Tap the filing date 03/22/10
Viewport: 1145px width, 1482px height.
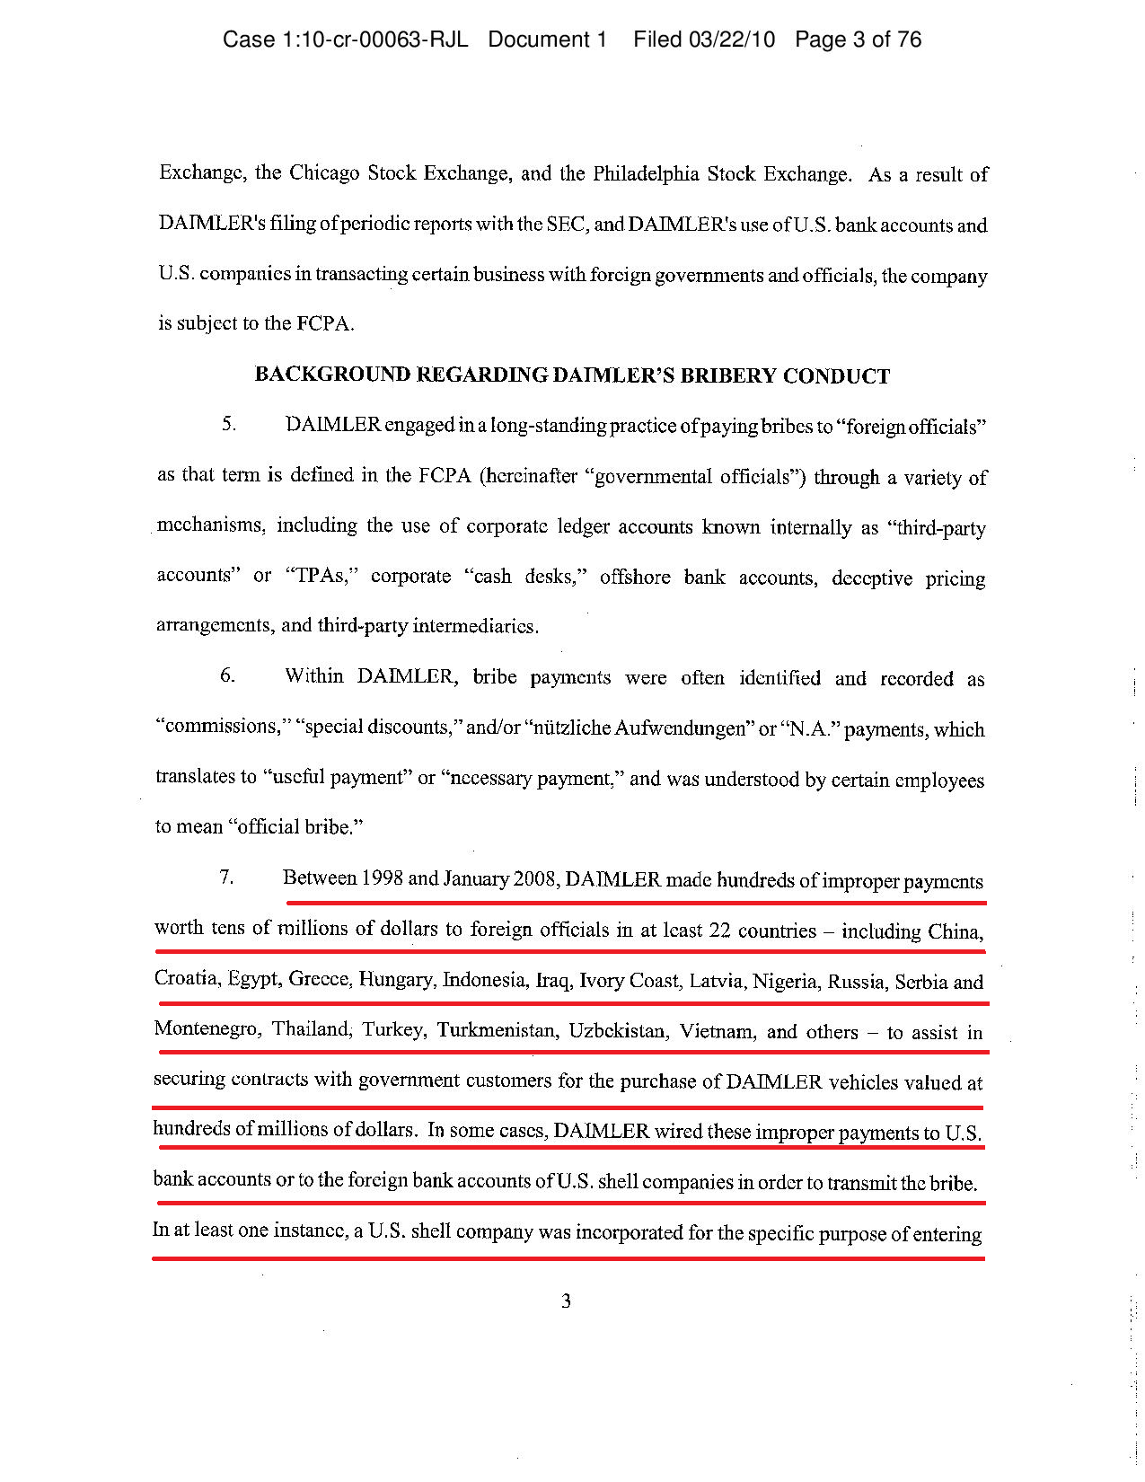click(731, 40)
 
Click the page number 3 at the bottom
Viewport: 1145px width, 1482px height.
click(566, 1301)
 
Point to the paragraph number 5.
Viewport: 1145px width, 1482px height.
click(229, 424)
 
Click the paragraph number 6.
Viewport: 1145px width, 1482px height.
click(228, 675)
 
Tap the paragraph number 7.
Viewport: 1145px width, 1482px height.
click(226, 877)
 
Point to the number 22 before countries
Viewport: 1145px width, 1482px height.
click(719, 931)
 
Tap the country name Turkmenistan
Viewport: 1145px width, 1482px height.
click(496, 1030)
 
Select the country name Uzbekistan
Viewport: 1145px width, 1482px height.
click(618, 1031)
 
